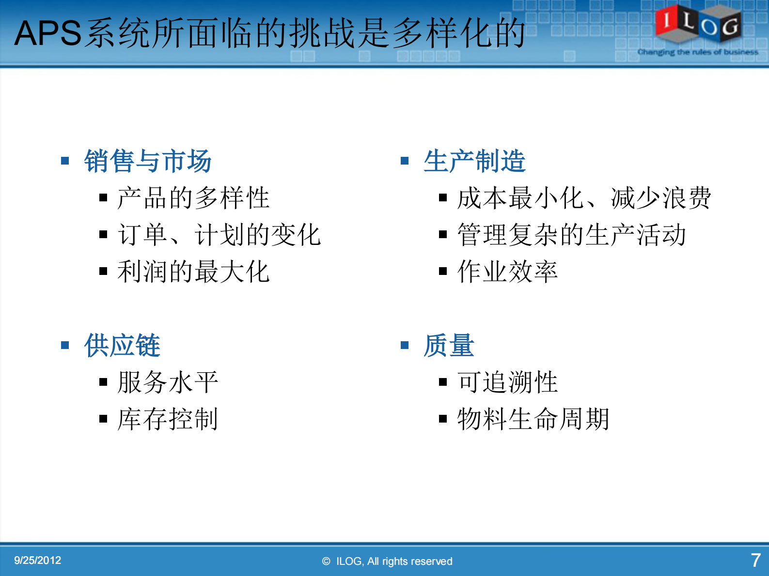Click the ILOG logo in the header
pyautogui.click(x=698, y=24)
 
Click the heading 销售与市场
pyautogui.click(x=148, y=161)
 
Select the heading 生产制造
pyautogui.click(x=474, y=161)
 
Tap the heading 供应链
pyautogui.click(x=122, y=346)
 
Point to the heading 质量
pyautogui.click(x=449, y=346)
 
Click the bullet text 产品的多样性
pyautogui.click(x=193, y=198)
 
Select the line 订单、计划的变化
pyautogui.click(x=219, y=235)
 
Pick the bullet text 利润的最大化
pyautogui.click(x=193, y=272)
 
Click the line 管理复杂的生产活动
pyautogui.click(x=571, y=235)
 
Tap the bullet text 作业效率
pyautogui.click(x=507, y=272)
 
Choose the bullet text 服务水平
pyautogui.click(x=168, y=382)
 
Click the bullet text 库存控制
pyautogui.click(x=168, y=419)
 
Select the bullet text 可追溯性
pyautogui.click(x=507, y=382)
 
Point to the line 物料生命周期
pyautogui.click(x=533, y=419)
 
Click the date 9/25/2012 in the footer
pyautogui.click(x=37, y=561)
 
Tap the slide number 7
pyautogui.click(x=755, y=561)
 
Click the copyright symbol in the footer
pyautogui.click(x=326, y=561)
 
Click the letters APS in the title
pyautogui.click(x=47, y=33)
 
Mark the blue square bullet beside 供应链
pyautogui.click(x=65, y=345)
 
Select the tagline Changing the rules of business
pyautogui.click(x=698, y=52)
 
